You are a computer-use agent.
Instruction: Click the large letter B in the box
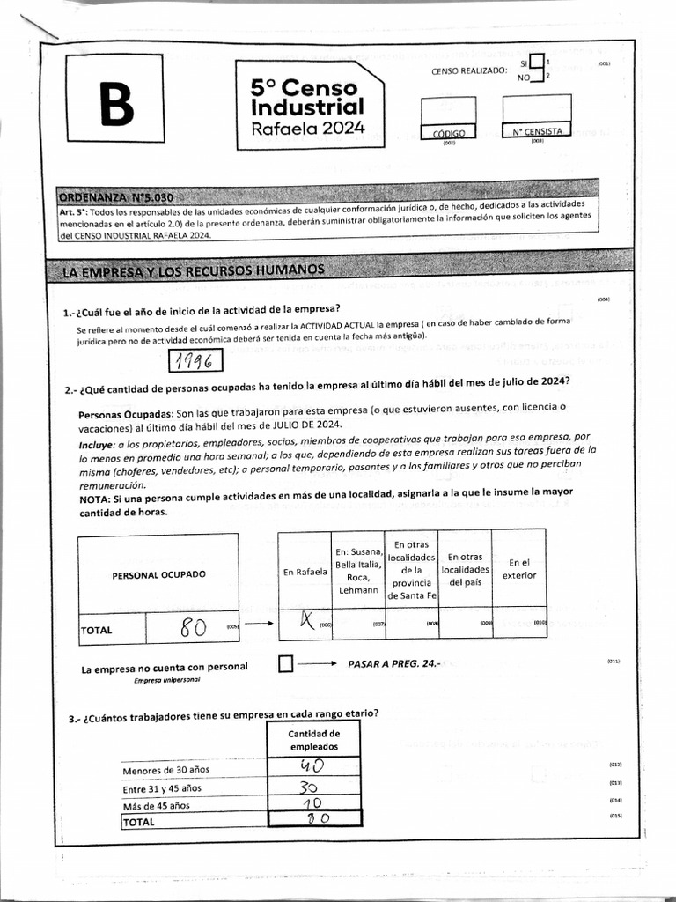tap(111, 105)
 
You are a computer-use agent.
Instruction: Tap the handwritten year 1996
tap(195, 362)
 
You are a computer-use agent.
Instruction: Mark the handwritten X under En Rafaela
tap(305, 622)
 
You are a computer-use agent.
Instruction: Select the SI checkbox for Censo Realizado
tap(536, 65)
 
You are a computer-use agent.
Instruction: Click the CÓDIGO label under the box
tap(448, 133)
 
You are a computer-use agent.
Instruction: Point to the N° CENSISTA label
tap(537, 132)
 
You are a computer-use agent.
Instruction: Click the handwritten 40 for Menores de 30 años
tap(313, 767)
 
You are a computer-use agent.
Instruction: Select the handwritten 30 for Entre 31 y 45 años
tap(311, 787)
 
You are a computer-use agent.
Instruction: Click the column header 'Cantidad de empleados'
tap(313, 740)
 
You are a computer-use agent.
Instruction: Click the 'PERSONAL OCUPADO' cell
tap(158, 574)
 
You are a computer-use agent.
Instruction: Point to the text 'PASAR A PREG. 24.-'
tap(393, 663)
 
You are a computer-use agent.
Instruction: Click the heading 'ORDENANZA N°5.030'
tap(121, 196)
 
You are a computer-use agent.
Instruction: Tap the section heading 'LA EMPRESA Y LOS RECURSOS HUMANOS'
tap(194, 270)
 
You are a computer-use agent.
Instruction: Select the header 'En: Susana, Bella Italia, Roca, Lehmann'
tap(357, 570)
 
